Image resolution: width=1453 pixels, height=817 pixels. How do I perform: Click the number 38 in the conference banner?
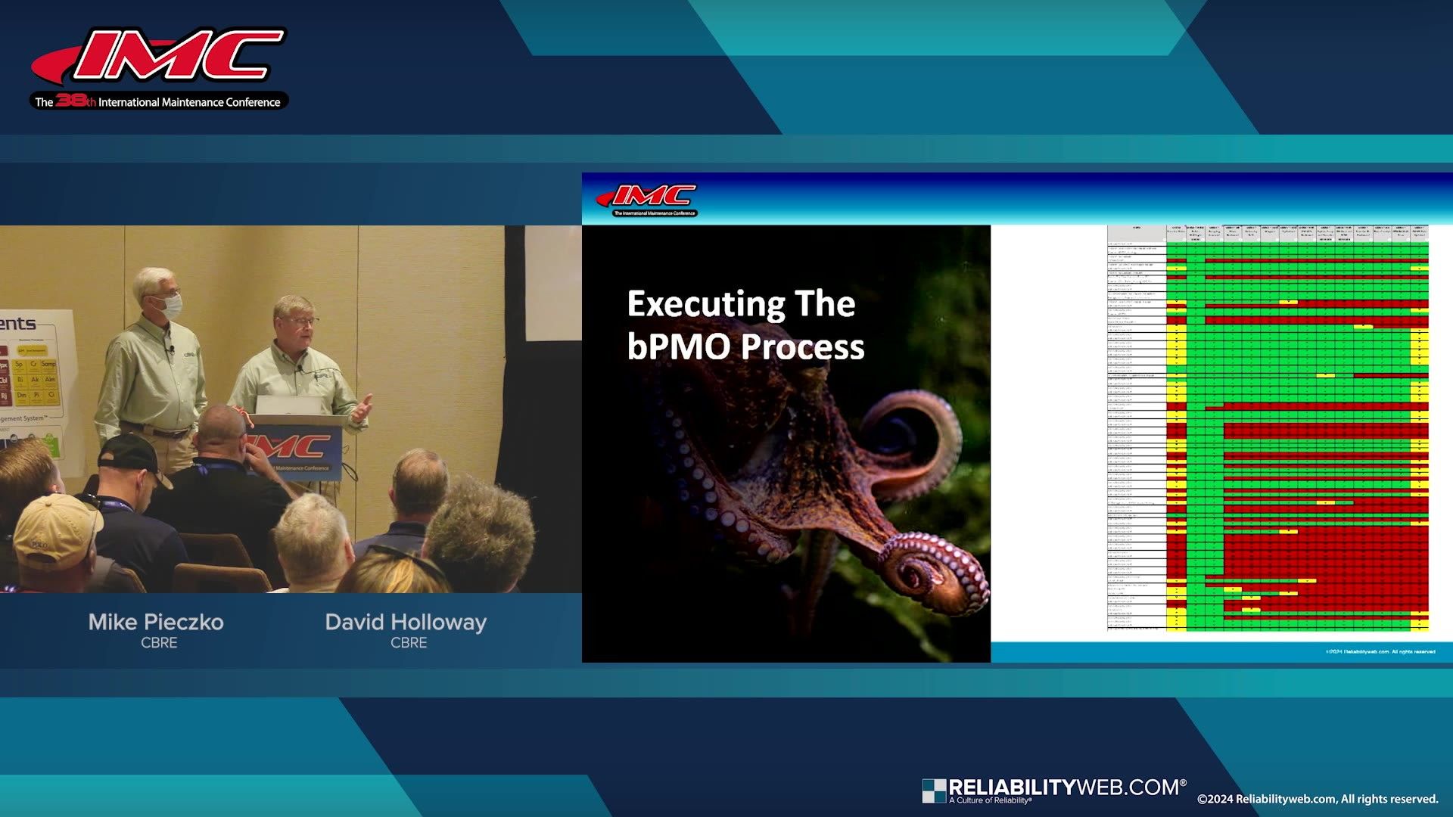[x=71, y=100]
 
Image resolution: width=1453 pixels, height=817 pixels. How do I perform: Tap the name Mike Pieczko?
[x=156, y=622]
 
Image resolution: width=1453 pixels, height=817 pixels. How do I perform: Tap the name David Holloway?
[x=406, y=622]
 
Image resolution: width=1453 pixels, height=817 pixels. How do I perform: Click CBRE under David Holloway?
[x=409, y=643]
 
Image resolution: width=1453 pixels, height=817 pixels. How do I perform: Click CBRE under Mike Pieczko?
[x=159, y=643]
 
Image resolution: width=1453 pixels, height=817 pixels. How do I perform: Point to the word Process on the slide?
[x=804, y=346]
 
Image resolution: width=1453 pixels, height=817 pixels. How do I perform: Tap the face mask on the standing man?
[x=171, y=305]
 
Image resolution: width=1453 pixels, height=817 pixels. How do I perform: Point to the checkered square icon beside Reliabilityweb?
[x=933, y=791]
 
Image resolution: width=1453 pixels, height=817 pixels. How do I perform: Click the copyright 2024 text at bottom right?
[x=1317, y=799]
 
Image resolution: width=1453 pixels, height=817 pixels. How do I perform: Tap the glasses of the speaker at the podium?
[x=301, y=322]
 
